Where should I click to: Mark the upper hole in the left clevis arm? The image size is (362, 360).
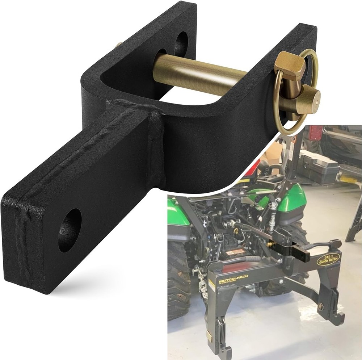click(181, 42)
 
